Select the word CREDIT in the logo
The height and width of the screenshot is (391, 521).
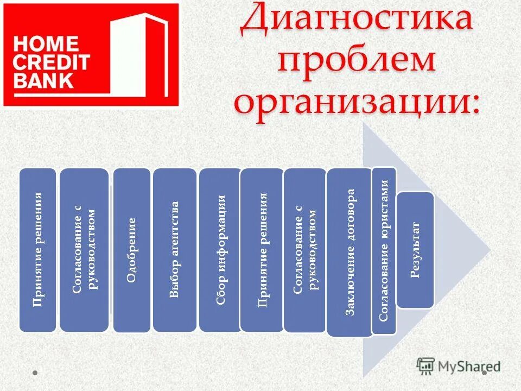(x=52, y=62)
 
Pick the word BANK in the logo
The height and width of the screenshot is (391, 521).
(x=43, y=80)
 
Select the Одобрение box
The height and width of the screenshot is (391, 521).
(x=132, y=250)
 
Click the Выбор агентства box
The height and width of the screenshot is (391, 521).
(x=174, y=250)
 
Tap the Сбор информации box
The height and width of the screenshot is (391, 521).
(x=219, y=250)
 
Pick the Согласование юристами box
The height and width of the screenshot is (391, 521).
(x=384, y=250)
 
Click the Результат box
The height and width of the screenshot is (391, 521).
(x=416, y=250)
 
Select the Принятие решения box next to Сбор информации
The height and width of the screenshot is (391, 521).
(x=262, y=250)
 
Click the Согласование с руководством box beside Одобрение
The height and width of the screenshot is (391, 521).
(x=84, y=250)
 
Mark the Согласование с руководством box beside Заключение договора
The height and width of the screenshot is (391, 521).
(x=305, y=250)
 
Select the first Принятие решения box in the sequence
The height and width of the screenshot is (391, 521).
(x=37, y=250)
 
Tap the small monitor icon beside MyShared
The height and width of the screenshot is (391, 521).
(x=425, y=365)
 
